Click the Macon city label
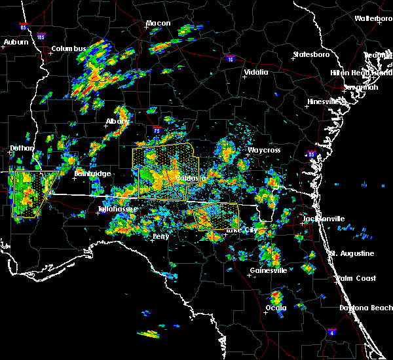tap(158, 24)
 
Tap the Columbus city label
tap(69, 49)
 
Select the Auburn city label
tap(16, 43)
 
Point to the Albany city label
tap(117, 122)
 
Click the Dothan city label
tap(22, 149)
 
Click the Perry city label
tap(160, 236)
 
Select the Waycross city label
tap(263, 151)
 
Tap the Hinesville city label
tap(325, 102)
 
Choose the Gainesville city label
tap(269, 270)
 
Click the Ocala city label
tap(276, 308)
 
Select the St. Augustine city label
tap(352, 253)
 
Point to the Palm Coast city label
tap(356, 279)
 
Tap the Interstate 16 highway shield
tap(230, 59)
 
